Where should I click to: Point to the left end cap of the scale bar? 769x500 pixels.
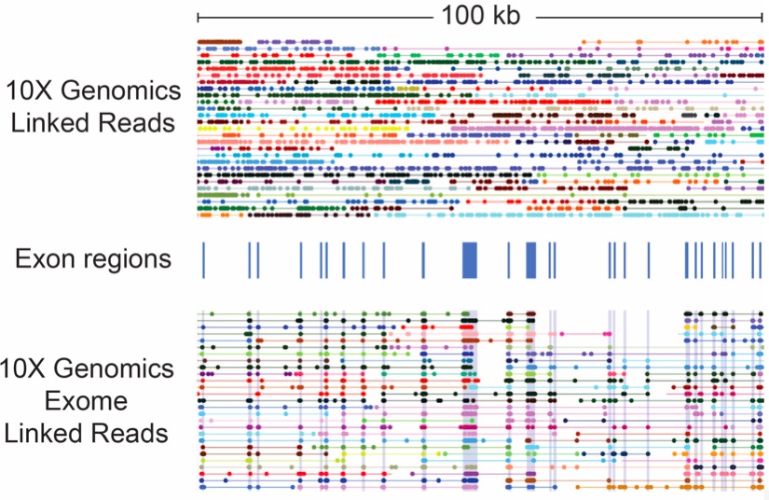pos(199,17)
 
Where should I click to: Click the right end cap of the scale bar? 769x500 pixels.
pos(762,17)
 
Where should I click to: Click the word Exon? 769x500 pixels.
pos(42,258)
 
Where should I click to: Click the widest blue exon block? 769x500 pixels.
pos(470,258)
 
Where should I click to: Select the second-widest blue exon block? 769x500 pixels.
pos(531,258)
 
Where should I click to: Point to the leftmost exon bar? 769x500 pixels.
pos(202,258)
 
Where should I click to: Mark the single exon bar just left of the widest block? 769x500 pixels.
pos(423,258)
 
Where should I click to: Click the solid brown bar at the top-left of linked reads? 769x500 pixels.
pos(219,42)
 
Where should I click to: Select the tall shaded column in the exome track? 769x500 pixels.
pos(470,401)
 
